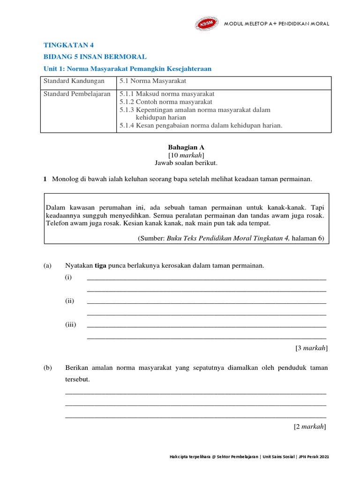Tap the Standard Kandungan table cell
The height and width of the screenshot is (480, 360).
(x=74, y=81)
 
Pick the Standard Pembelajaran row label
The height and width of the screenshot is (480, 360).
(x=77, y=94)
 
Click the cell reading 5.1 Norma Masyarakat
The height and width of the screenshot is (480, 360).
(x=147, y=81)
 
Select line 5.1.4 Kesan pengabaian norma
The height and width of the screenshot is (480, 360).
(x=201, y=125)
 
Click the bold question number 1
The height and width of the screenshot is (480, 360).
(x=45, y=179)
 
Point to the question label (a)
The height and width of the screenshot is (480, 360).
(x=47, y=266)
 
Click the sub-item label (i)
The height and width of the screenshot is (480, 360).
(x=68, y=277)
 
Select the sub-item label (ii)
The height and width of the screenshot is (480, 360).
(x=69, y=301)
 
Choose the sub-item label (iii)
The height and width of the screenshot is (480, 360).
(x=70, y=324)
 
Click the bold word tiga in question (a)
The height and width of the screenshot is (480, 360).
(x=101, y=266)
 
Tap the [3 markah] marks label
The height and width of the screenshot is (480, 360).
(x=311, y=348)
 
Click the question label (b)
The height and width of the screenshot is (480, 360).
(x=47, y=368)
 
